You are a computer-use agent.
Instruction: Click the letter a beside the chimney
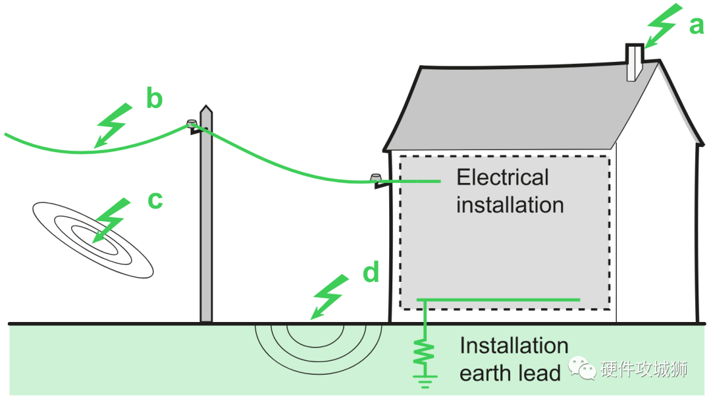coord(696,26)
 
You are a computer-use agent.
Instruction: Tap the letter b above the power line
coord(154,97)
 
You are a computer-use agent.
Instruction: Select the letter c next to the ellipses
coord(155,200)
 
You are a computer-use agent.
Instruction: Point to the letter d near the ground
coord(371,272)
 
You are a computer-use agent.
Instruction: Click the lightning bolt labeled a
coord(664,26)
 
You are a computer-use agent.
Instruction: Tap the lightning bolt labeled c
coord(111,220)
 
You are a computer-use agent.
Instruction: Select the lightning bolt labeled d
coord(330,297)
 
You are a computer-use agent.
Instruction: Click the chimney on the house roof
coord(635,63)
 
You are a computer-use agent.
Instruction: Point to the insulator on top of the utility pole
coord(192,122)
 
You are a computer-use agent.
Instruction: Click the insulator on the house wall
coord(376,177)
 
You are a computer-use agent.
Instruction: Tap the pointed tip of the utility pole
coord(206,106)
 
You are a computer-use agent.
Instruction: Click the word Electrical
coord(502,177)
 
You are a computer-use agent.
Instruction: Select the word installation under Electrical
coord(510,205)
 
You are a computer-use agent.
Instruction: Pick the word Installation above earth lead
coord(514,346)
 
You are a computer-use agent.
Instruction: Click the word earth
coord(487,373)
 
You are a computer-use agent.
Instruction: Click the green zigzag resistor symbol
coord(425,352)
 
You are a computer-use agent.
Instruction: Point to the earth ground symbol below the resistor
coord(425,381)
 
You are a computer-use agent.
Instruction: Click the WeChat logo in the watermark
coord(582,368)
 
